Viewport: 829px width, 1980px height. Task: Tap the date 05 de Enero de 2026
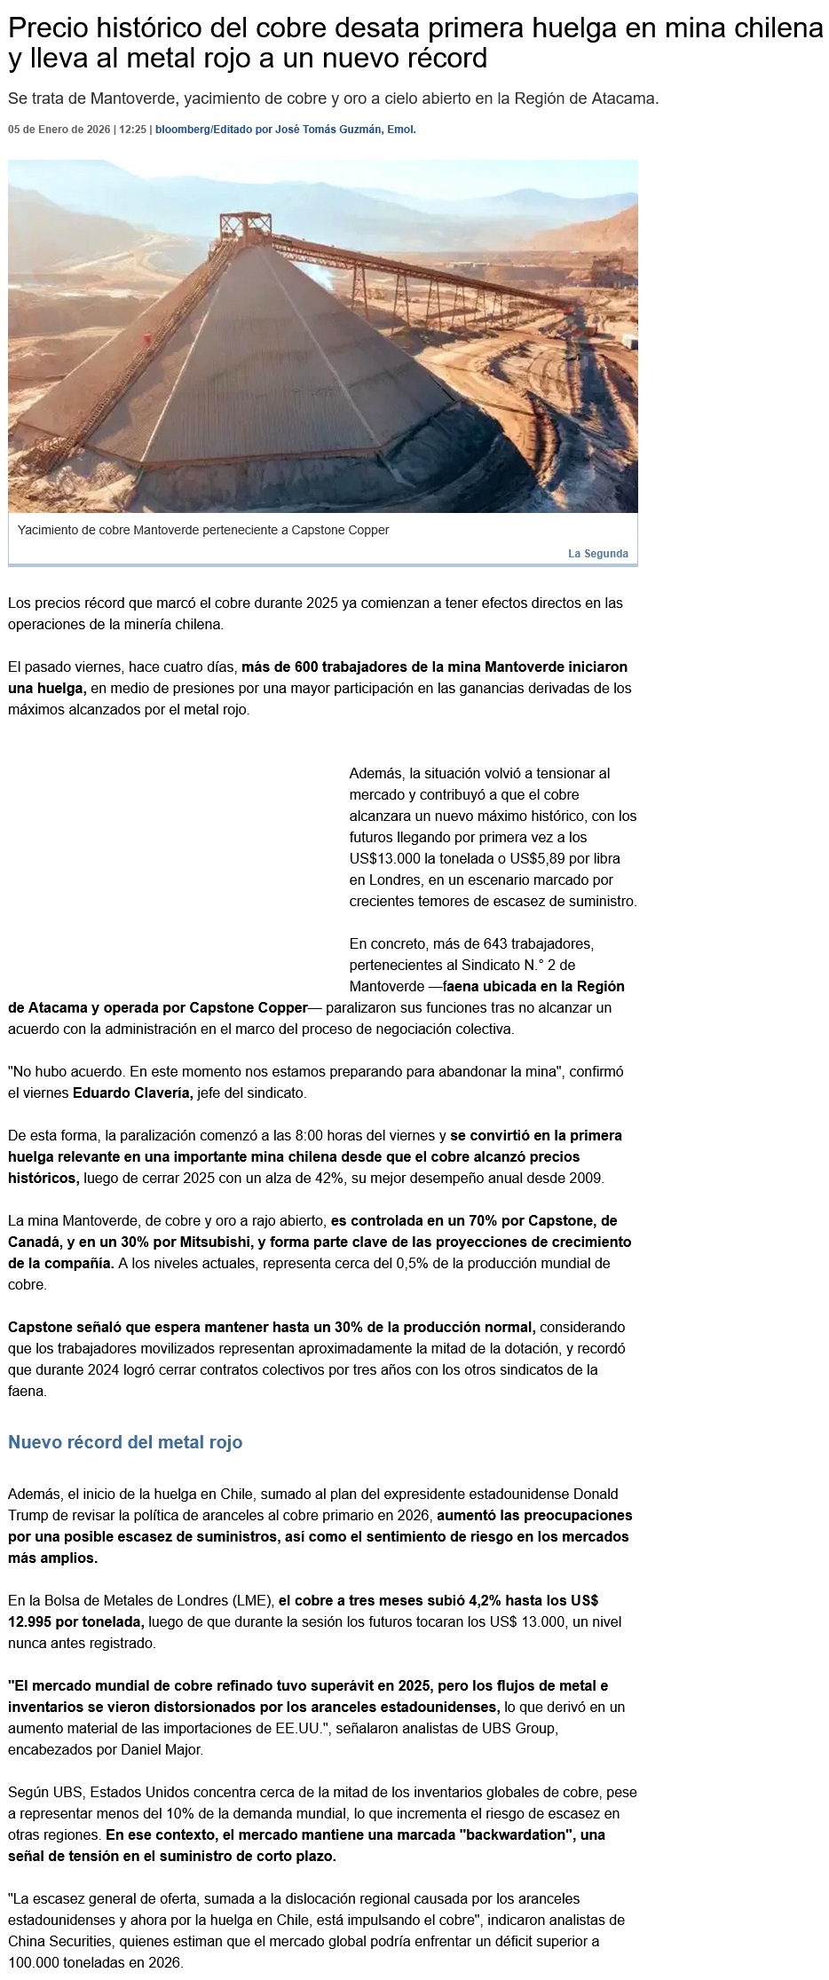pyautogui.click(x=59, y=130)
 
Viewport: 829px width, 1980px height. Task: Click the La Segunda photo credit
pyautogui.click(x=597, y=554)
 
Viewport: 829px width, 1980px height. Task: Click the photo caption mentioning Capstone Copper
pyautogui.click(x=203, y=530)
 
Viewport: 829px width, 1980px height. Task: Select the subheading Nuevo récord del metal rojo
pyautogui.click(x=125, y=1442)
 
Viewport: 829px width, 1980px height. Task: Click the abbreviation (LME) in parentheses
pyautogui.click(x=255, y=1600)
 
